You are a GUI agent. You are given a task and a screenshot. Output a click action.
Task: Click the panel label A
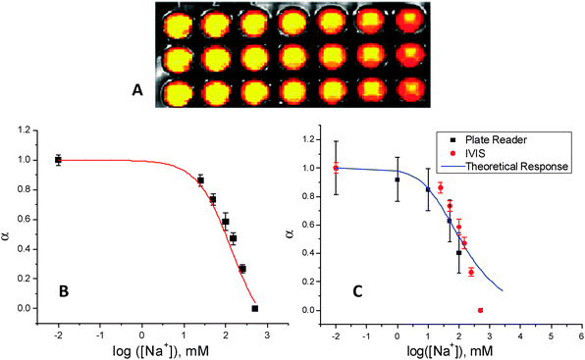(138, 91)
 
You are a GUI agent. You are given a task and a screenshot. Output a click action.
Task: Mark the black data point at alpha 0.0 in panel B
(255, 308)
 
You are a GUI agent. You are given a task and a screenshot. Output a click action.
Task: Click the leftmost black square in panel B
(58, 160)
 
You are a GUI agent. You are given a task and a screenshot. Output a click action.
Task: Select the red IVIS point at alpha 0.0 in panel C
(481, 310)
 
